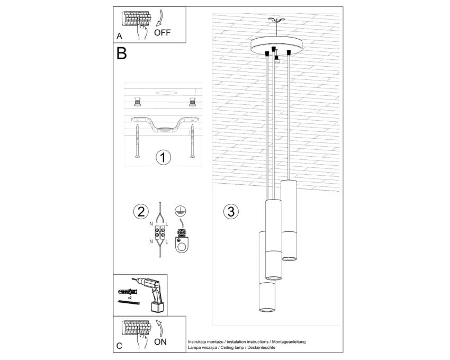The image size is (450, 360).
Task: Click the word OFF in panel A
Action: tap(162, 33)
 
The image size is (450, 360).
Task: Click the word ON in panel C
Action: tap(160, 342)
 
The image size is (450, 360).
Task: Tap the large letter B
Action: tap(121, 53)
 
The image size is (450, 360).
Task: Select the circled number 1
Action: tap(163, 158)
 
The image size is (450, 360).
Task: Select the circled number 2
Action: tap(141, 212)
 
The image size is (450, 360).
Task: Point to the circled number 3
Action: tap(231, 212)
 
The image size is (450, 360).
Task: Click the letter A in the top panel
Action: tap(120, 36)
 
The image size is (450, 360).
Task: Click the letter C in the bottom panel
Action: tap(120, 346)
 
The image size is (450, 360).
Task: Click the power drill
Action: tap(151, 294)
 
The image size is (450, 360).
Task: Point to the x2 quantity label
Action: tap(130, 298)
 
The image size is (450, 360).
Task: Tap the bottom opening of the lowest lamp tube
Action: tap(267, 310)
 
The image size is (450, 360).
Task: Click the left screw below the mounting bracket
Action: tap(138, 141)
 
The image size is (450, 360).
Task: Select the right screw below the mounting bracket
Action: tap(192, 141)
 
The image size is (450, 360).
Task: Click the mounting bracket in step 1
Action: tap(165, 124)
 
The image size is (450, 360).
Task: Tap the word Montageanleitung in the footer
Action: tap(289, 342)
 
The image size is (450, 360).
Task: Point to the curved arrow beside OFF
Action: tap(160, 19)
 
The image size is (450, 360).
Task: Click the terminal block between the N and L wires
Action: tap(160, 233)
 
